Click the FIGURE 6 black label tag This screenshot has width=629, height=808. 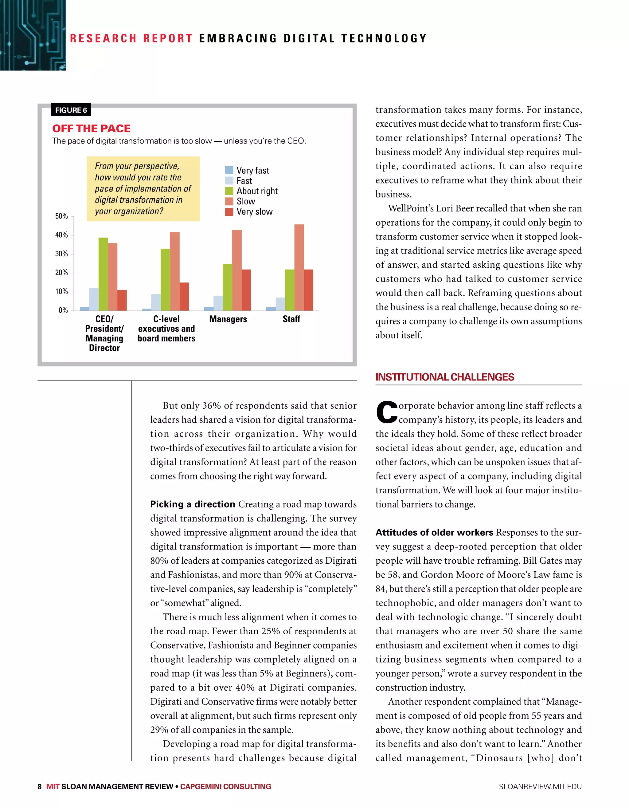pos(71,110)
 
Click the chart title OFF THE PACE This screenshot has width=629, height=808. pos(91,128)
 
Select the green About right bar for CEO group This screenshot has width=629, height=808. pos(103,274)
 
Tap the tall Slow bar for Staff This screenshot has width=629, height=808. pos(299,267)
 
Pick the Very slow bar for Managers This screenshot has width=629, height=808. pos(246,290)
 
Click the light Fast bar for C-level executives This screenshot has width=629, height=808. pos(156,302)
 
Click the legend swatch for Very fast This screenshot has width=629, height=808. pos(229,170)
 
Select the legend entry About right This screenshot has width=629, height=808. pos(257,191)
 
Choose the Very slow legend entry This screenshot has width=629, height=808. pos(254,212)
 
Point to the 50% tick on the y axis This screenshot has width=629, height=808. pos(62,216)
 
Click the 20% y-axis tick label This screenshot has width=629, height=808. pos(62,273)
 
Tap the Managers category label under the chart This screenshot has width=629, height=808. pos(228,319)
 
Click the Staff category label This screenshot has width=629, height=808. pos(291,319)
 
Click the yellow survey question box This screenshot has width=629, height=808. pos(143,189)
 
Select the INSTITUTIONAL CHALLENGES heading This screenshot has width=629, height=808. pos(444,377)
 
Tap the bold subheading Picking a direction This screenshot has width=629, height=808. pos(192,504)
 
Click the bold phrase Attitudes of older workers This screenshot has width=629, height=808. pos(434,532)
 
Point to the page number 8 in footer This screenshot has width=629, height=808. pos(40,786)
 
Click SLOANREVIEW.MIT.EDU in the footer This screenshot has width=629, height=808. pos(540,786)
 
